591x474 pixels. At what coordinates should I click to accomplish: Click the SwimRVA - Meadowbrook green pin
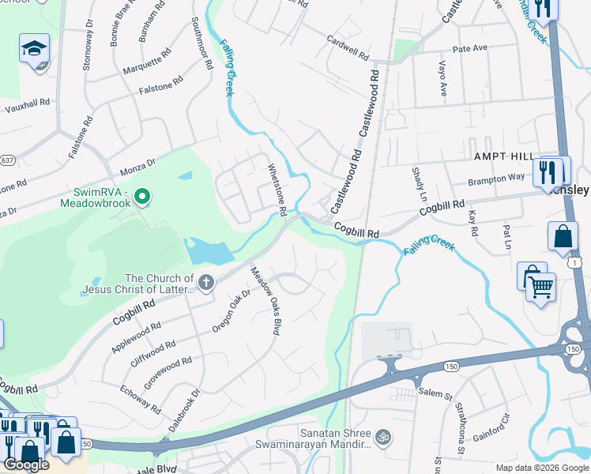pyautogui.click(x=142, y=194)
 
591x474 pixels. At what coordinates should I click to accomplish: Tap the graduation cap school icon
pyautogui.click(x=34, y=49)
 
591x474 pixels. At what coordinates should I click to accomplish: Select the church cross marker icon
pyautogui.click(x=206, y=283)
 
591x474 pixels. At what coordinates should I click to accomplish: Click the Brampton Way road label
pyautogui.click(x=495, y=179)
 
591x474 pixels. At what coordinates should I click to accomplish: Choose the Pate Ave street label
pyautogui.click(x=469, y=49)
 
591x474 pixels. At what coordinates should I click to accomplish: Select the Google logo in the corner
pyautogui.click(x=26, y=465)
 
